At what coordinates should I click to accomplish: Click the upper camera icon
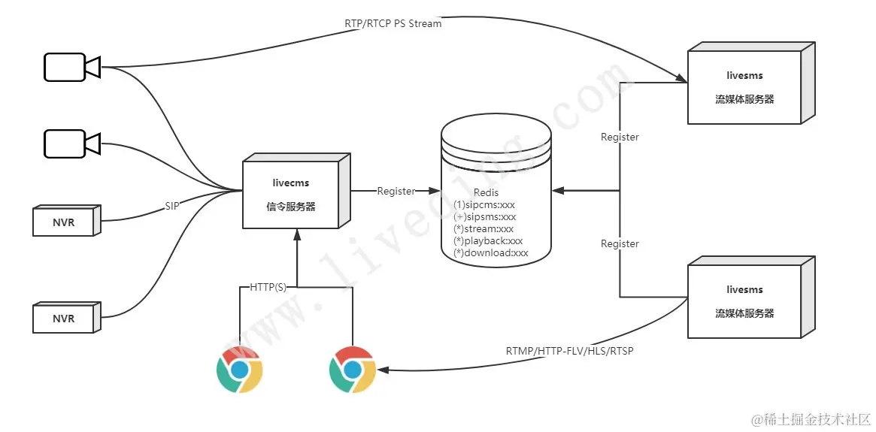71,67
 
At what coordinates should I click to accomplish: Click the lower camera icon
71,143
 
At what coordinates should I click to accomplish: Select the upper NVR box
65,222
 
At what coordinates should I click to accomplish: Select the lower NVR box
65,319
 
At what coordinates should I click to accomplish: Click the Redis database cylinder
496,188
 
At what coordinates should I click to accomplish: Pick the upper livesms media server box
744,86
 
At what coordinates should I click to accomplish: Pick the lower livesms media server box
744,301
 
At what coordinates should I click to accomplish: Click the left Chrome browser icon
239,370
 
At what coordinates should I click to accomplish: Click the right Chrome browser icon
353,370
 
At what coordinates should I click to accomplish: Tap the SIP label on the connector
172,205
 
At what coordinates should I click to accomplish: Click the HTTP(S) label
268,287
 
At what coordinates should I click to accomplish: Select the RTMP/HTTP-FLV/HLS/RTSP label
569,351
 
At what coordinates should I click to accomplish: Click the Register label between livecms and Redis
396,191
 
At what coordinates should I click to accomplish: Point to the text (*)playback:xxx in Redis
488,240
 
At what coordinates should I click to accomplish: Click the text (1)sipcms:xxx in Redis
484,204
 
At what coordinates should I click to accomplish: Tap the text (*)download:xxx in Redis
491,253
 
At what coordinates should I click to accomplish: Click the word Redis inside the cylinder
486,193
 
